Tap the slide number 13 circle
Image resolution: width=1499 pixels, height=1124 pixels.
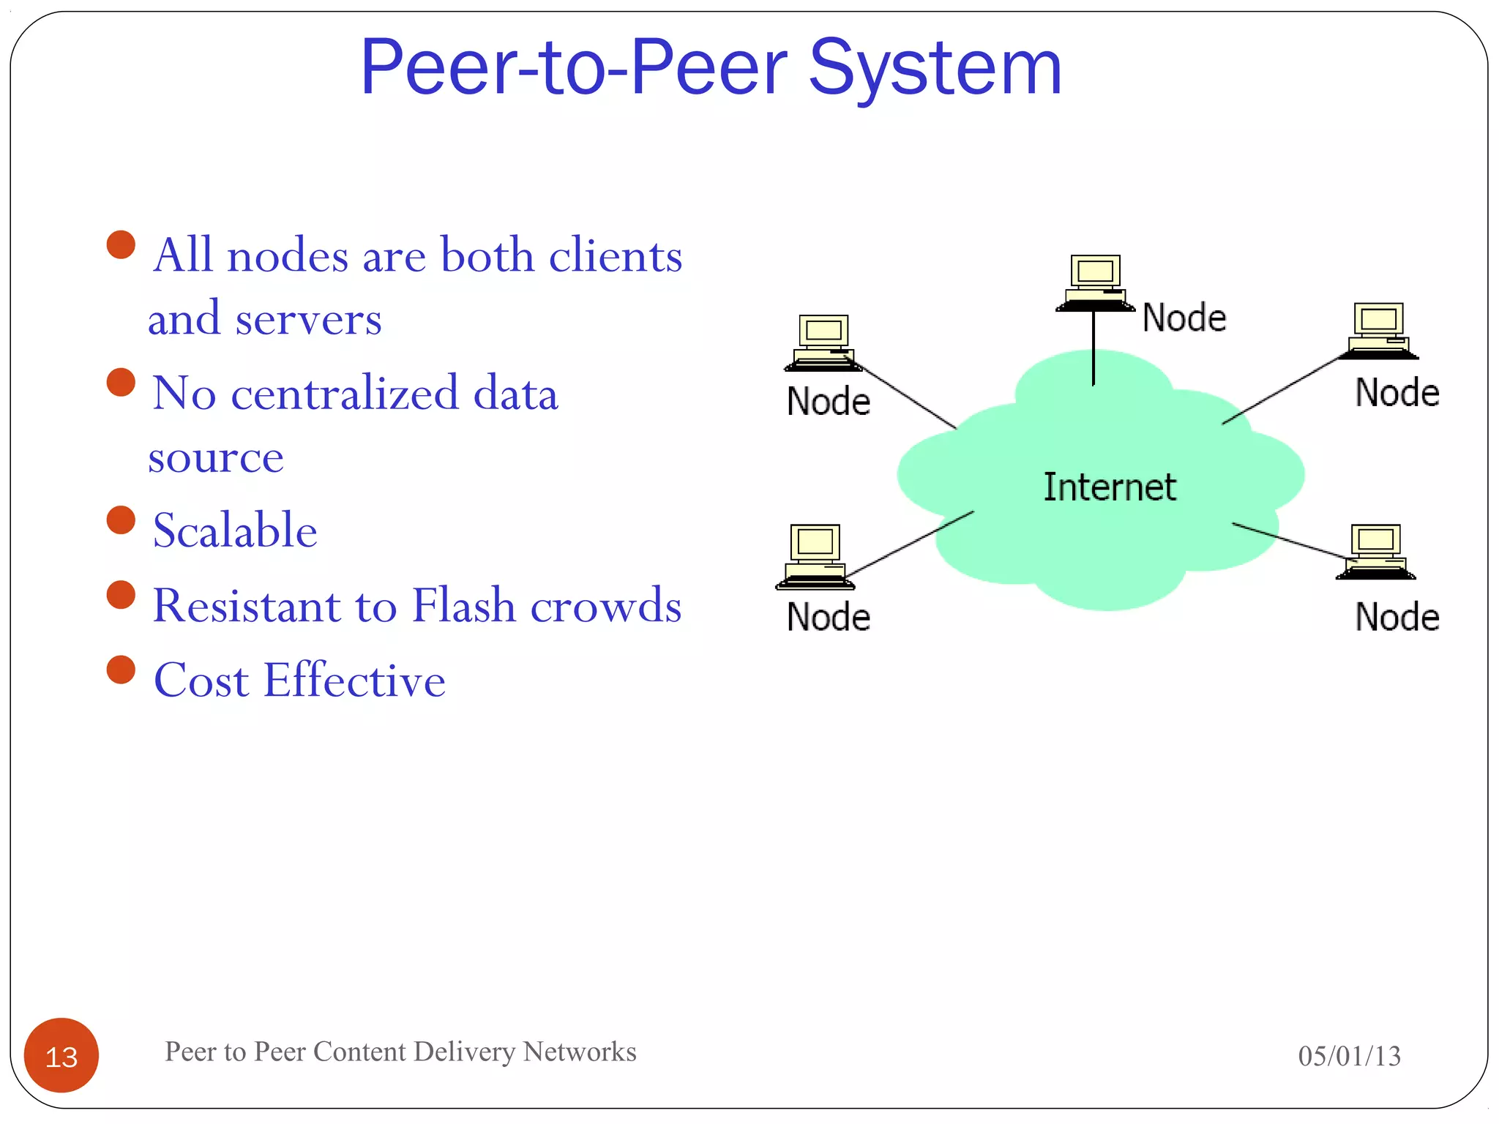[x=61, y=1055]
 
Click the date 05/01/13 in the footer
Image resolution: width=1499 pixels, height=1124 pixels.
[x=1349, y=1056]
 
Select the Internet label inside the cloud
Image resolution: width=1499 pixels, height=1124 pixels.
[x=1109, y=487]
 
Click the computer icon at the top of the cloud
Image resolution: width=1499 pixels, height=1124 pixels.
[x=1094, y=282]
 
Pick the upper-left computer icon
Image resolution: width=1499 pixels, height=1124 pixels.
[x=823, y=342]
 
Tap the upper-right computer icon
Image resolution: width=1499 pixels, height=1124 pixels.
[x=1378, y=331]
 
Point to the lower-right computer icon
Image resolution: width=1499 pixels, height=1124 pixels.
[x=1375, y=552]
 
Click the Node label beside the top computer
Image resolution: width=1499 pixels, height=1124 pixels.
[x=1184, y=318]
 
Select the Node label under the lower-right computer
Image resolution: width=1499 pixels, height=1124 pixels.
[x=1397, y=617]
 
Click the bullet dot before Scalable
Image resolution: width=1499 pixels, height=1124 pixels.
[x=121, y=520]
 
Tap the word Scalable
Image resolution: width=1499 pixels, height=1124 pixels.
[x=235, y=531]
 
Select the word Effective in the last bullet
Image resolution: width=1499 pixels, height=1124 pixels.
[x=354, y=681]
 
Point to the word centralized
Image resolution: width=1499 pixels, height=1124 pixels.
[x=345, y=394]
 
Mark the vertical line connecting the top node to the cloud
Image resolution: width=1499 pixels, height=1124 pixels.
[x=1094, y=348]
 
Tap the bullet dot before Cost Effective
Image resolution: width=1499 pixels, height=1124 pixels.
[x=121, y=670]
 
